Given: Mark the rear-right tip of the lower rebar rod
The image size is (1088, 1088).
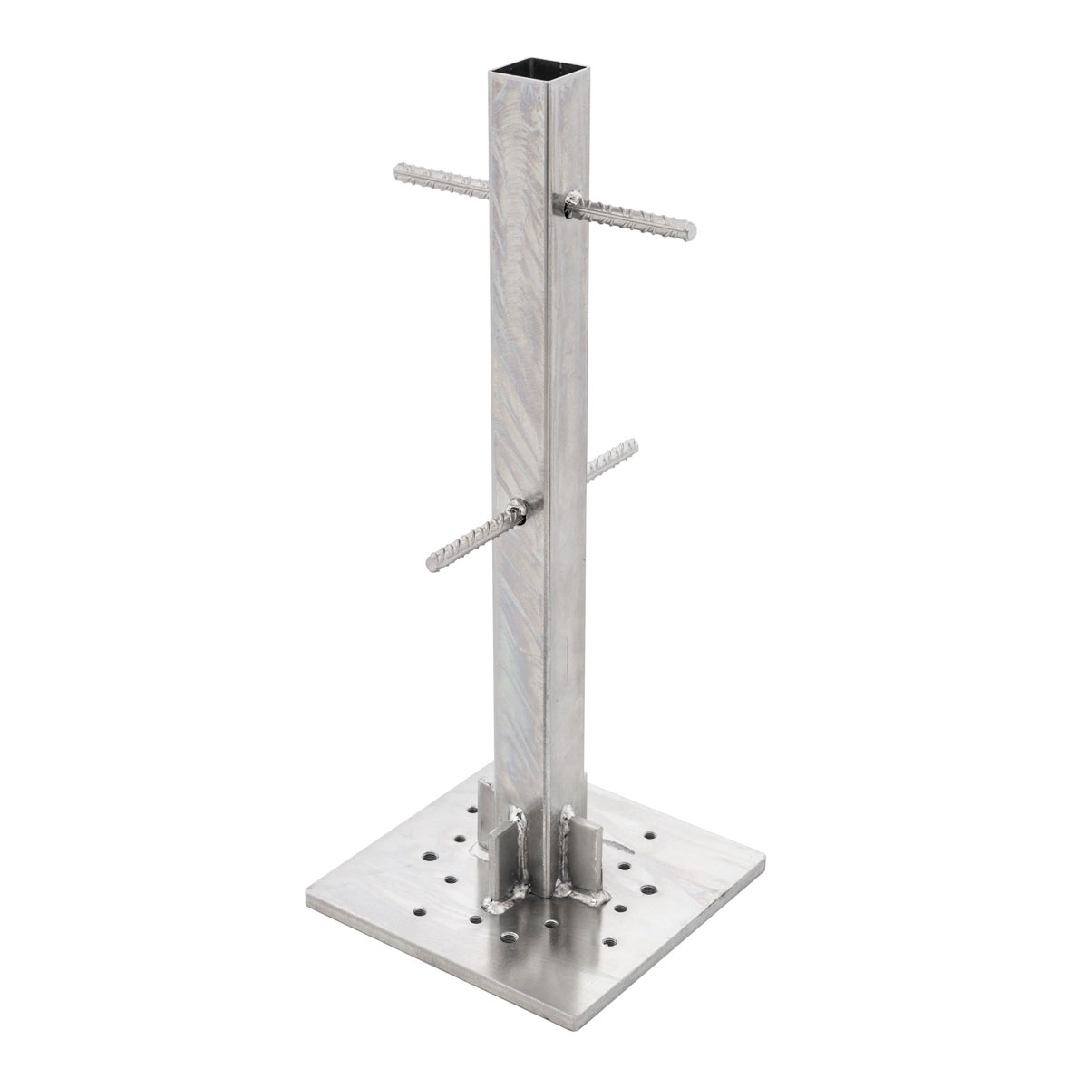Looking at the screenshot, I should (631, 445).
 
